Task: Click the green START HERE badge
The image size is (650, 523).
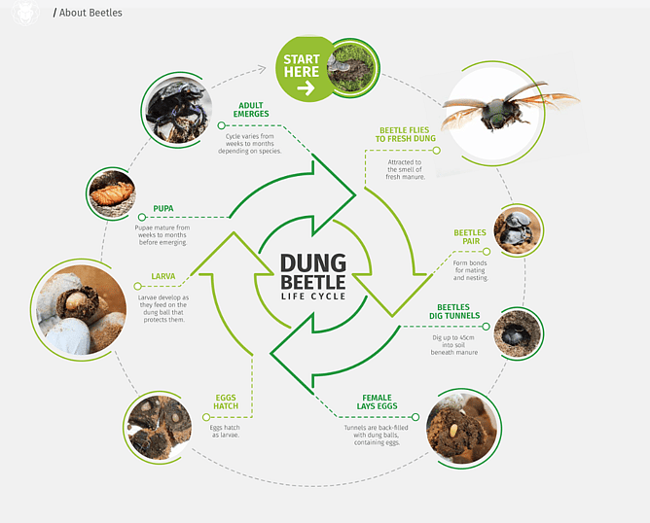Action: pyautogui.click(x=302, y=70)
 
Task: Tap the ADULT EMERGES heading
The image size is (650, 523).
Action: pyautogui.click(x=251, y=110)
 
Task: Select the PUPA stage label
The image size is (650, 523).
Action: pyautogui.click(x=163, y=208)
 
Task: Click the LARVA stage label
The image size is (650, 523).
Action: pyautogui.click(x=163, y=276)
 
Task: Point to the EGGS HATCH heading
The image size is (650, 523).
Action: pyautogui.click(x=225, y=401)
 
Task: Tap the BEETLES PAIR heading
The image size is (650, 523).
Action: pyautogui.click(x=469, y=238)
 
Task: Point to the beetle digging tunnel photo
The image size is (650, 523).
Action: pyautogui.click(x=511, y=333)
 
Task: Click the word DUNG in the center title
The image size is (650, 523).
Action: pyautogui.click(x=313, y=262)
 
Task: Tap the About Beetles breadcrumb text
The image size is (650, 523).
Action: pyautogui.click(x=90, y=13)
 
